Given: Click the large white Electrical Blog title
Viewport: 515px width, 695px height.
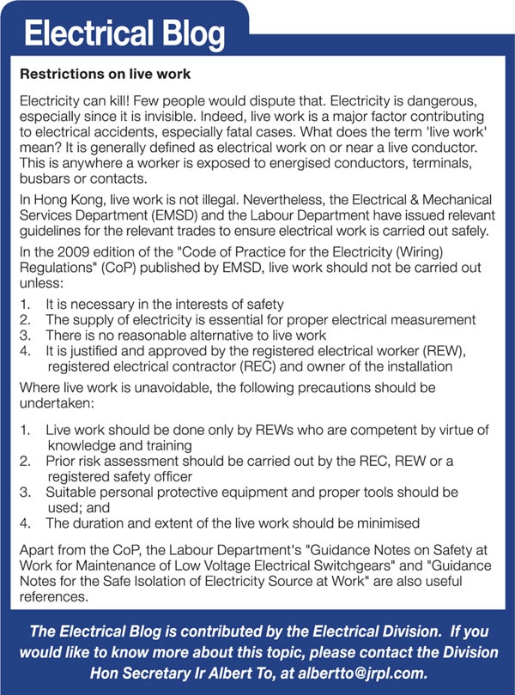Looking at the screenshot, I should point(124,33).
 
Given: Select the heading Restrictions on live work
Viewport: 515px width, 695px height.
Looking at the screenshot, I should point(105,75).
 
